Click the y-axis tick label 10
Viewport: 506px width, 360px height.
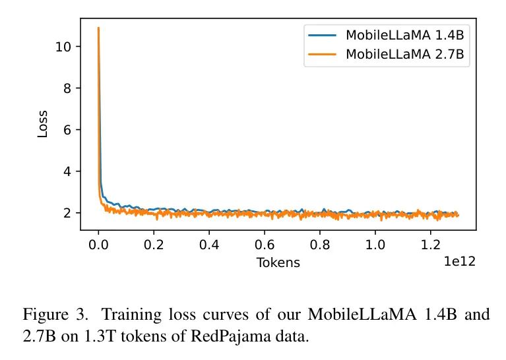coord(63,47)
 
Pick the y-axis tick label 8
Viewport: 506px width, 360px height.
coord(67,88)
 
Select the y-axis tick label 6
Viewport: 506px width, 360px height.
coord(67,130)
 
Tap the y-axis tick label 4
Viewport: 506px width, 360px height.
coord(67,171)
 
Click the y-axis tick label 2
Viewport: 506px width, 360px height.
coord(67,213)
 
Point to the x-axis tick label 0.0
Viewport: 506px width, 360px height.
coord(98,245)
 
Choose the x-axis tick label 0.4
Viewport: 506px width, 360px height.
coord(209,245)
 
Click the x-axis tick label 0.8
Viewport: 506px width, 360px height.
coord(320,245)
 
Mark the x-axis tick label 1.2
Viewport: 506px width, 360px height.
coord(431,245)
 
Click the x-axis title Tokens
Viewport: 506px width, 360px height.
coord(278,262)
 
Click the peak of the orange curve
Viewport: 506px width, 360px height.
coord(98,28)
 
